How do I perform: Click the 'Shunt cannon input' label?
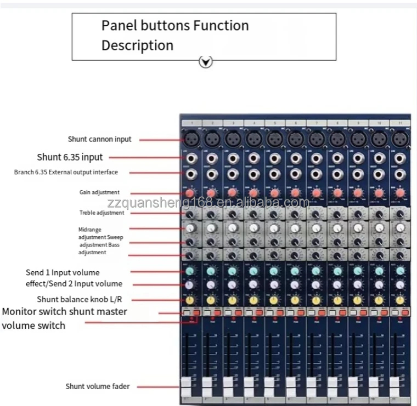pos(99,139)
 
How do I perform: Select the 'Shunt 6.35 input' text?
pos(70,157)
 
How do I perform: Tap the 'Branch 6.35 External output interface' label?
pos(66,172)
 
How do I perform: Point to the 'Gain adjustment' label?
pos(99,192)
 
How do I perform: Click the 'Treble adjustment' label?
pos(102,213)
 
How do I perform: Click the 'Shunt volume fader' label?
pos(98,386)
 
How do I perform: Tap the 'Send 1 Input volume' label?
pos(63,272)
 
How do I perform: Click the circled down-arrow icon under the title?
pos(205,62)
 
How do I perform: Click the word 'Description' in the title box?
pos(137,45)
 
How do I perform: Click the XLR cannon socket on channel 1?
pos(190,140)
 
